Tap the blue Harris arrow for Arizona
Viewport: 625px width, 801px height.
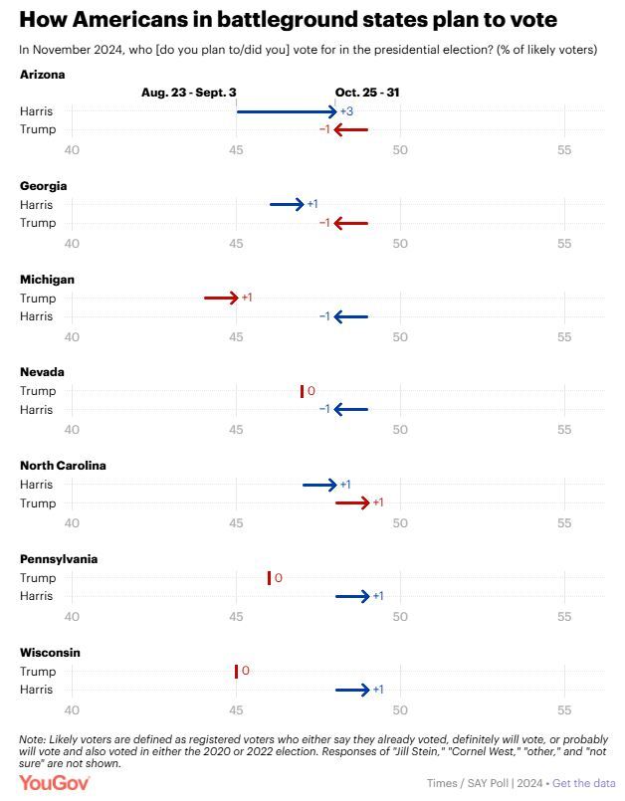[x=287, y=111]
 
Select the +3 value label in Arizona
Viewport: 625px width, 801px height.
[x=346, y=111]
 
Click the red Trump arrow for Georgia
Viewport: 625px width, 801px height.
[x=351, y=223]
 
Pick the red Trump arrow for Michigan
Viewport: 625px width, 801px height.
[x=221, y=298]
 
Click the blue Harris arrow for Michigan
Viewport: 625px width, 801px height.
[x=351, y=316]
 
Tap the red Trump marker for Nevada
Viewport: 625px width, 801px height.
[x=302, y=391]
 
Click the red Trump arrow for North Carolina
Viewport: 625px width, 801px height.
[x=352, y=503]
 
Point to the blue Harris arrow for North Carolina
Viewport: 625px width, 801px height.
[x=319, y=485]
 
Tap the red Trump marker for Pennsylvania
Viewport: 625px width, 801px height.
[x=269, y=578]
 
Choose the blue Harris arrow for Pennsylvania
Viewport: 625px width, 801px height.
[x=352, y=597]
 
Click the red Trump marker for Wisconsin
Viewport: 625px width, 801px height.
[x=236, y=672]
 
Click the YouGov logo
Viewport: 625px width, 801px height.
[x=55, y=783]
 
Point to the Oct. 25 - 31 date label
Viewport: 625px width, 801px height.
[x=367, y=93]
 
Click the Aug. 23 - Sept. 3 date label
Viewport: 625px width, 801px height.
[x=188, y=93]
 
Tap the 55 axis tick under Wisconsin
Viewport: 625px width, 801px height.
[x=563, y=709]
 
